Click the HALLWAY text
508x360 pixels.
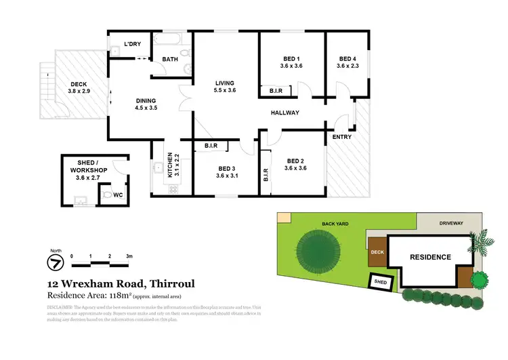coord(285,113)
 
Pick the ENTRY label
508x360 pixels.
coord(342,137)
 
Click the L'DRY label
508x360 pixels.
coord(132,45)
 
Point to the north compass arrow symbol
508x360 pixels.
coord(54,262)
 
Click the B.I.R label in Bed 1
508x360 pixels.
coord(276,90)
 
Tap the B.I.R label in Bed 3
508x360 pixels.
coord(211,146)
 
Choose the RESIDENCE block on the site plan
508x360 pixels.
coord(430,257)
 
